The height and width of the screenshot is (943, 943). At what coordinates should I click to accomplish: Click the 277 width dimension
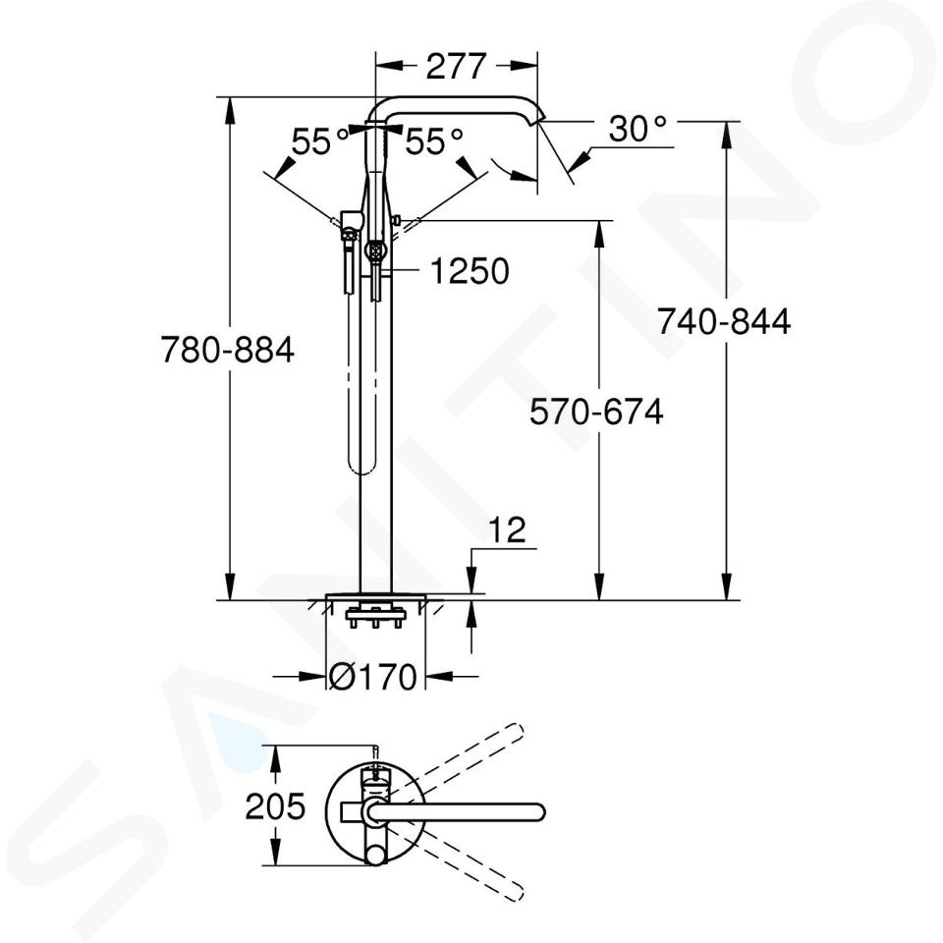click(455, 66)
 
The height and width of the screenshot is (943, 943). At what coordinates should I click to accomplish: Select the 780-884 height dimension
click(227, 350)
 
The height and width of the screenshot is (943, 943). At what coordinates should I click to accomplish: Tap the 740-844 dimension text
click(724, 321)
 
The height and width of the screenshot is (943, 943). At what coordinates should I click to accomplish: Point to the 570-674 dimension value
click(596, 412)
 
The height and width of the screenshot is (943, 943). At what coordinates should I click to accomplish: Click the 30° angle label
click(638, 129)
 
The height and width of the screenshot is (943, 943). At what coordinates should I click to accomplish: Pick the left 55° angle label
click(320, 141)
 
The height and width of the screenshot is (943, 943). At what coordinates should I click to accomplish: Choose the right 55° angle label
click(433, 141)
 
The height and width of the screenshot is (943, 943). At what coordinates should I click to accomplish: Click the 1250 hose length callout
click(470, 271)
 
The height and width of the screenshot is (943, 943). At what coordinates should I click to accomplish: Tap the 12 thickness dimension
click(507, 529)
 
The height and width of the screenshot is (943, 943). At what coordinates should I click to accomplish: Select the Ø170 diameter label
click(373, 677)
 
